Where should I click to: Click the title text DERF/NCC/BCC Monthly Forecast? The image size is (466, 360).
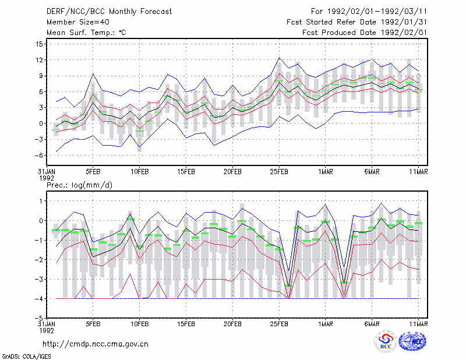(109, 12)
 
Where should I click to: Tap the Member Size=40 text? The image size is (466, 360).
(78, 22)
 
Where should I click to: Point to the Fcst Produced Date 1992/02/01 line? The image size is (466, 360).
(365, 33)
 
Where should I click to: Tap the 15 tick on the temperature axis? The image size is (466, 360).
(39, 44)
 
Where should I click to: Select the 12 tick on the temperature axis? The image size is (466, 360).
(39, 60)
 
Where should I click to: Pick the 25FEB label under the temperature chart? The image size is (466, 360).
(279, 172)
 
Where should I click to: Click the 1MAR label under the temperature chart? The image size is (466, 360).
(326, 172)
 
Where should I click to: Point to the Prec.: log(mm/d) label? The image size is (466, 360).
(79, 185)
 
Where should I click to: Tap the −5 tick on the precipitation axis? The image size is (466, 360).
(39, 318)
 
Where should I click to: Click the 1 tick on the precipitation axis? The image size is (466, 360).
(41, 201)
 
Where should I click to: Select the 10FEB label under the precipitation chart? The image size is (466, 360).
(140, 324)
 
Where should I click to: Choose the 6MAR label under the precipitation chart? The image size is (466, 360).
(372, 324)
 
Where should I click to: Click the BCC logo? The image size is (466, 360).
(386, 342)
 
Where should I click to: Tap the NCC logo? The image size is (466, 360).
(412, 341)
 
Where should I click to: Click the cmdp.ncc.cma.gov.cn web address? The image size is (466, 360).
(96, 344)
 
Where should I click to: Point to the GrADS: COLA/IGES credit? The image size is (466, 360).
(27, 357)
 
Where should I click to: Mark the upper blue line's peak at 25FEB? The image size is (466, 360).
(279, 58)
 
